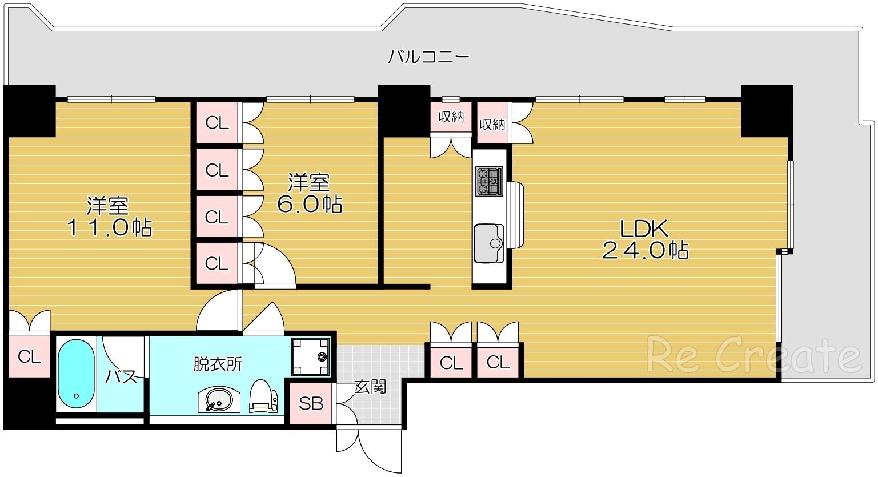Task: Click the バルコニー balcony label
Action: [x=428, y=57]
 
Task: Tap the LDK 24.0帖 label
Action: [x=644, y=239]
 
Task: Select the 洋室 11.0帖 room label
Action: [x=109, y=217]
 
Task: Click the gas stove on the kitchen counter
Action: [x=488, y=181]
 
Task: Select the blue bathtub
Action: [x=76, y=374]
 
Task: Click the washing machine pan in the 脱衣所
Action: [x=311, y=356]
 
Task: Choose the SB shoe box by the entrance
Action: [x=311, y=404]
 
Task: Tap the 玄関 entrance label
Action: [x=370, y=387]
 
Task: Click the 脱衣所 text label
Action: [x=218, y=363]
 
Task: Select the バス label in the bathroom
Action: [x=121, y=376]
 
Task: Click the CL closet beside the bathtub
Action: [x=29, y=356]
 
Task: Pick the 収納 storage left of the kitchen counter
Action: [x=451, y=117]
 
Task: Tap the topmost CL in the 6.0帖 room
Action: [x=217, y=123]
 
